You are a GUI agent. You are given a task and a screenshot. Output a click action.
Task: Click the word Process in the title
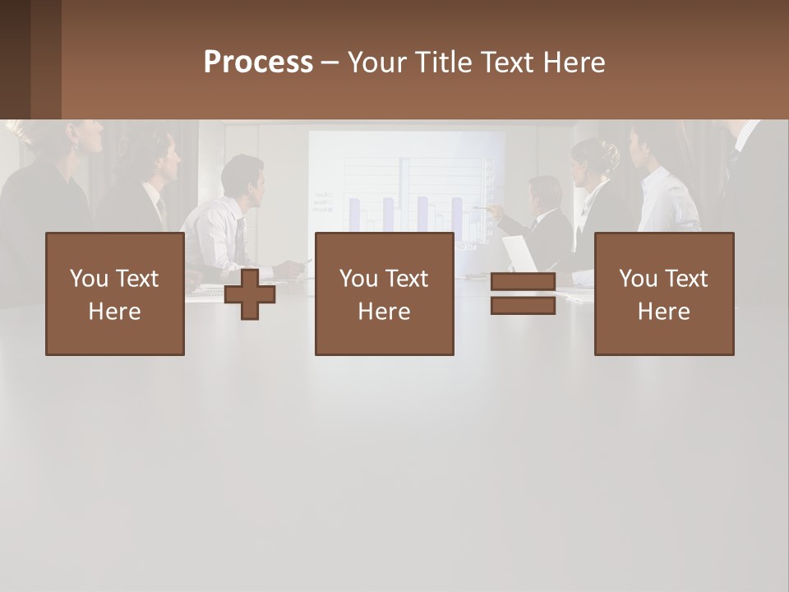(258, 62)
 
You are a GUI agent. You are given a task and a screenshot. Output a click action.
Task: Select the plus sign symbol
(250, 294)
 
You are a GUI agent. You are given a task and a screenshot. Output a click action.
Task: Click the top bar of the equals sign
(523, 282)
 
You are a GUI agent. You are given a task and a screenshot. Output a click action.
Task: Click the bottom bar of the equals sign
(523, 305)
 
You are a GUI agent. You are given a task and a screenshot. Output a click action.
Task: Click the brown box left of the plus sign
(114, 294)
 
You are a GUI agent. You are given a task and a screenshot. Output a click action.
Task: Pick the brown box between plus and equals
(384, 294)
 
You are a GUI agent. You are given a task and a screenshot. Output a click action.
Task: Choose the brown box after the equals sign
(663, 294)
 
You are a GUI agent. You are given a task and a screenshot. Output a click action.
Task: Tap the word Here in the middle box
(384, 311)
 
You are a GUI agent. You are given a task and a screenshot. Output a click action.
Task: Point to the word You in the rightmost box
(639, 279)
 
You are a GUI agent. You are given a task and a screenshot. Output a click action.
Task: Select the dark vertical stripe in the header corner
(46, 59)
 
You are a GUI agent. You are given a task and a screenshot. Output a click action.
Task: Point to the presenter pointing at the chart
(542, 218)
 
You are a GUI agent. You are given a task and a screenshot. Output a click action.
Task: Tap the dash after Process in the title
(330, 62)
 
